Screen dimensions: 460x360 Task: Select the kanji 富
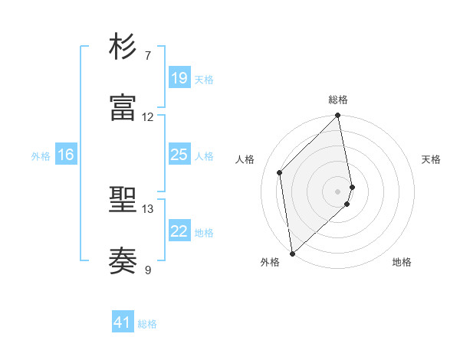[124, 107]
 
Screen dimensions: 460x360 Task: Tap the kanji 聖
[124, 200]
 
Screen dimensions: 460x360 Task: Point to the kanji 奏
[124, 260]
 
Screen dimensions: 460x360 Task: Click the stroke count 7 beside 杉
[148, 56]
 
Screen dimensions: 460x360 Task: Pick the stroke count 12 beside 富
[148, 117]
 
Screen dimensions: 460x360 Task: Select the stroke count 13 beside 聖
[148, 209]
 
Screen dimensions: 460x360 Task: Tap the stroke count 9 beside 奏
[148, 270]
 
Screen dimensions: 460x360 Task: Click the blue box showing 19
[179, 77]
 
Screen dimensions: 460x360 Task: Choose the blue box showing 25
[179, 155]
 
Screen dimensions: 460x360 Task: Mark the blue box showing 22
[179, 231]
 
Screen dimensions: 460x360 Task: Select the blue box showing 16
[66, 155]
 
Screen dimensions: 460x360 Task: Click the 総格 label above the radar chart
[338, 100]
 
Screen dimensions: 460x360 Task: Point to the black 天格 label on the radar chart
[432, 159]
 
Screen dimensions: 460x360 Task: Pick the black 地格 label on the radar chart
[402, 262]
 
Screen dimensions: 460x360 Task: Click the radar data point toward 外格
[291, 253]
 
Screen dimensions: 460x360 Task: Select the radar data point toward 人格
[280, 172]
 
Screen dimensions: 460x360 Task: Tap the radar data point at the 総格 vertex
[338, 116]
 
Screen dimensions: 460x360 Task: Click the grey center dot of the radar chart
[338, 191]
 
